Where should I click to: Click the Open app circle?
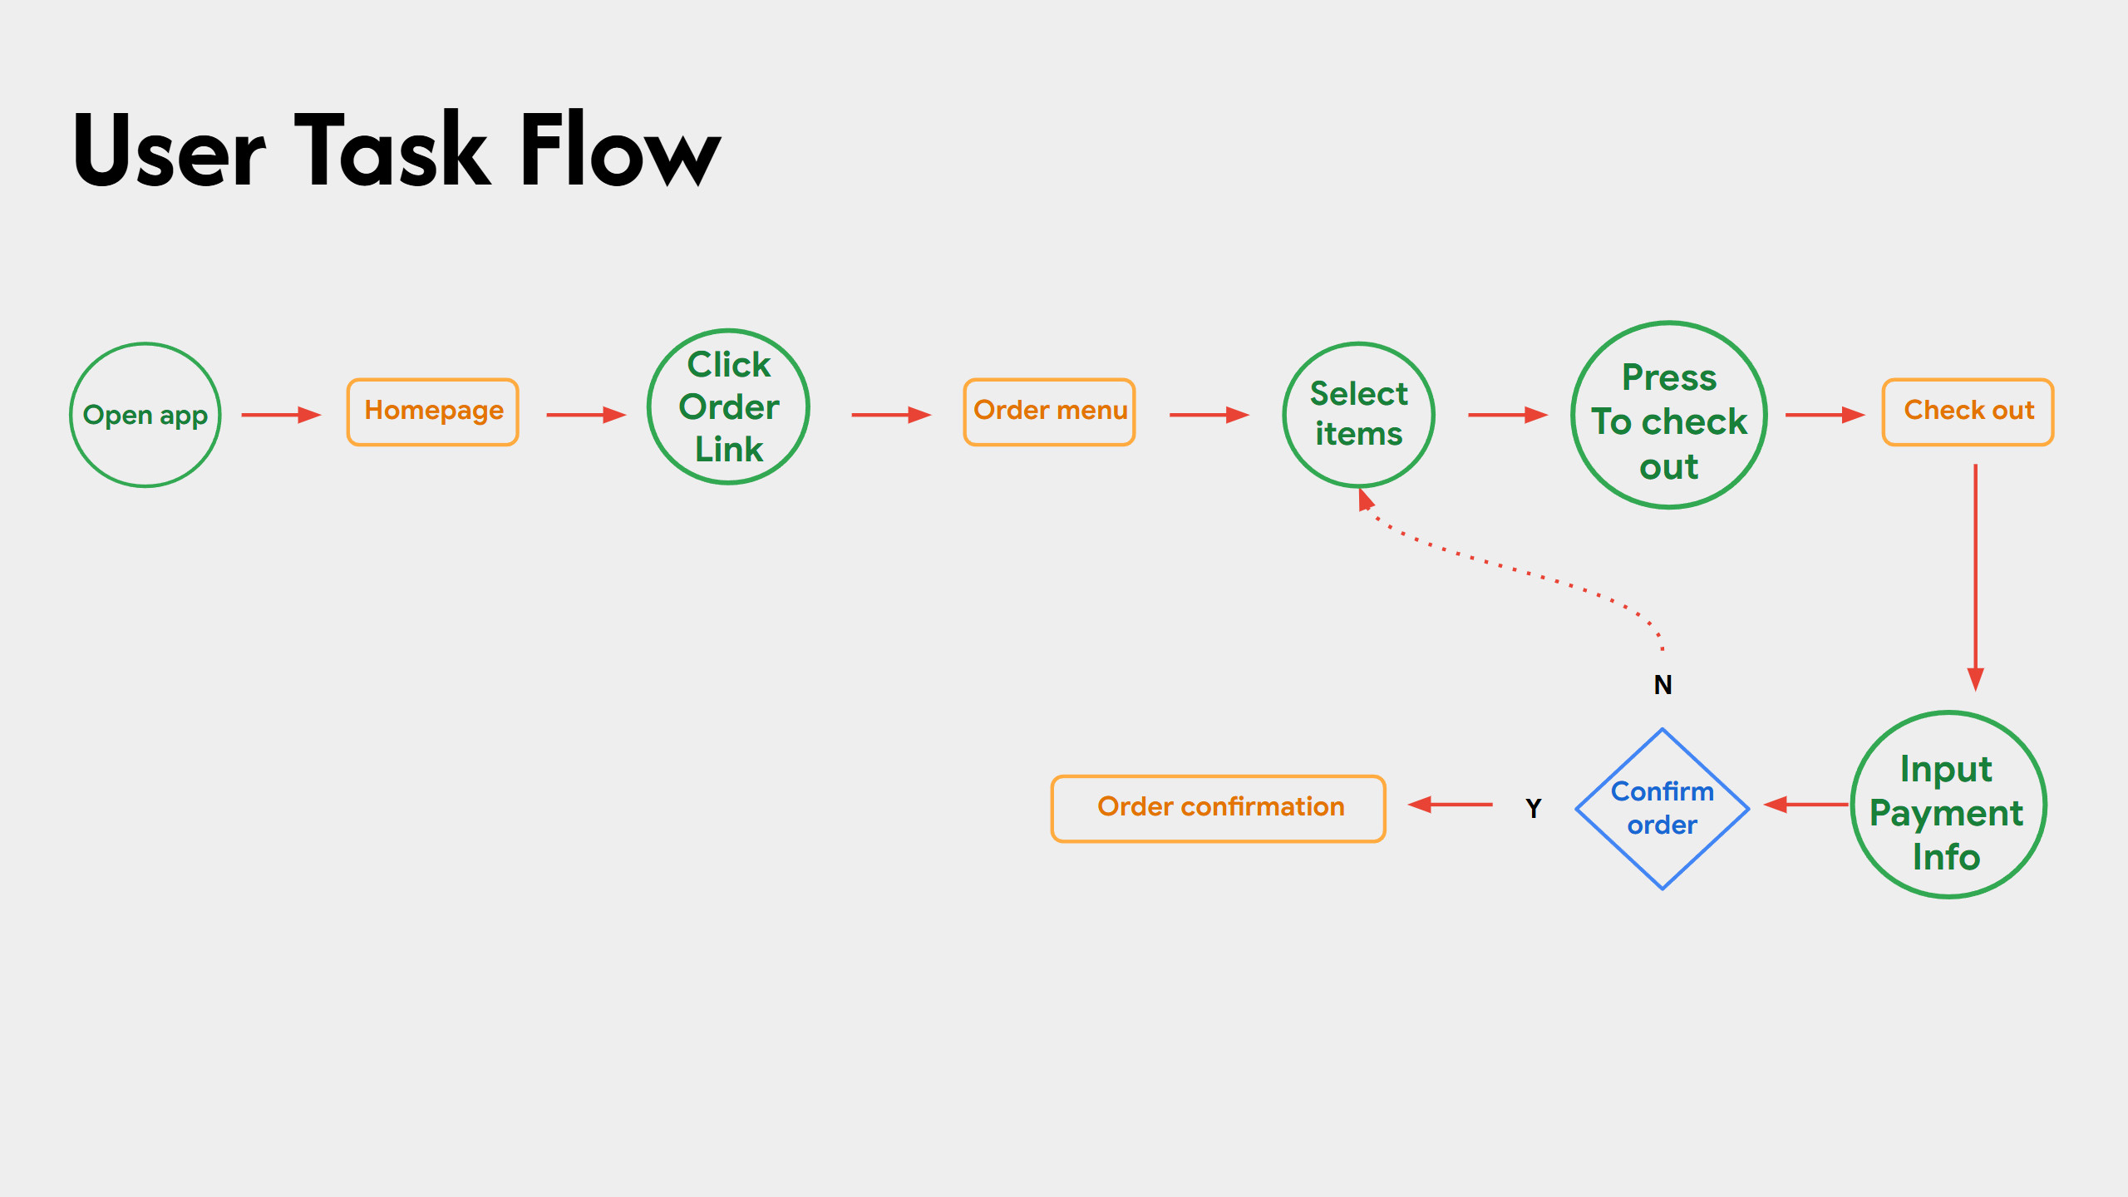click(145, 414)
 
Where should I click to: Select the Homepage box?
click(433, 411)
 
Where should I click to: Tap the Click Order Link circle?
click(728, 406)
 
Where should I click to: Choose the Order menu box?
click(1049, 411)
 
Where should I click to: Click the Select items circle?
click(1358, 414)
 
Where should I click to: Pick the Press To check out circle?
click(1668, 415)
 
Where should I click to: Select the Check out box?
click(1968, 411)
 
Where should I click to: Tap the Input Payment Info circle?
click(1948, 805)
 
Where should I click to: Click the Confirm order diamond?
click(1662, 809)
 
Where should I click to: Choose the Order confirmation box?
click(1219, 808)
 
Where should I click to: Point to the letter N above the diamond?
click(1662, 685)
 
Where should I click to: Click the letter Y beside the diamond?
click(1534, 808)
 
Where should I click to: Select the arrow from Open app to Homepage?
click(281, 415)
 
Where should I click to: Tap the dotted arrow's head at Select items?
click(1365, 500)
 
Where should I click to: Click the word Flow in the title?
click(619, 150)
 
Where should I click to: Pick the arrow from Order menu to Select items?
click(1209, 415)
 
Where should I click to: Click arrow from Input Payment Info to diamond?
click(1805, 805)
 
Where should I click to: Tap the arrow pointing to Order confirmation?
click(1450, 805)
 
